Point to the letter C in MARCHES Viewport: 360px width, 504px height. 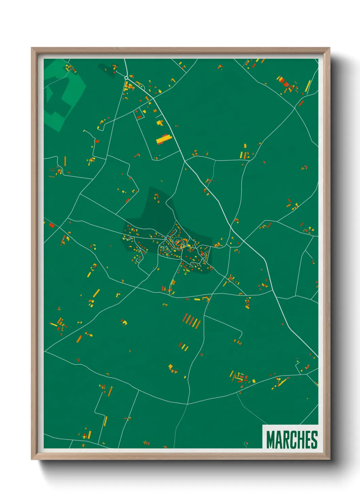pyautogui.click(x=292, y=440)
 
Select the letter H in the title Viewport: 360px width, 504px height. pyautogui.click(x=299, y=440)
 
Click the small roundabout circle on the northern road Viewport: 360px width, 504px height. pyautogui.click(x=126, y=78)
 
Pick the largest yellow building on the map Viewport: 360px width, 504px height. pyautogui.click(x=164, y=139)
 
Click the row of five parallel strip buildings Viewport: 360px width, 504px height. pyautogui.click(x=192, y=321)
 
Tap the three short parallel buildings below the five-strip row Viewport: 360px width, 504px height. pyautogui.click(x=184, y=346)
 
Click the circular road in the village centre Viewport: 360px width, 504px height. pyautogui.click(x=178, y=243)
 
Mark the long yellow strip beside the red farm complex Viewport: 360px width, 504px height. pyautogui.click(x=308, y=86)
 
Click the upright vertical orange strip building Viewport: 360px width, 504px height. pyautogui.click(x=65, y=161)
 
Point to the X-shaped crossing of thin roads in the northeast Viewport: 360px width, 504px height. pyautogui.click(x=295, y=108)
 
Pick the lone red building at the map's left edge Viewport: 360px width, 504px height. pyautogui.click(x=52, y=225)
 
